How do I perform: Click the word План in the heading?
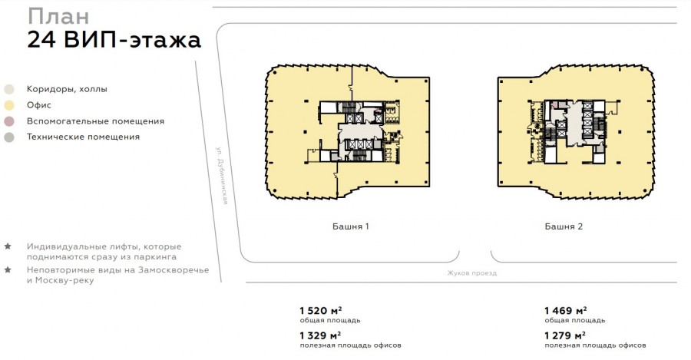pyautogui.click(x=58, y=17)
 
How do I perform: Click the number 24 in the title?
pyautogui.click(x=41, y=39)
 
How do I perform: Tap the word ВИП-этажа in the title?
pyautogui.click(x=132, y=39)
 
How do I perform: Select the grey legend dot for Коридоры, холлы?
pyautogui.click(x=8, y=89)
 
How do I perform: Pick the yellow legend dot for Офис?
pyautogui.click(x=8, y=105)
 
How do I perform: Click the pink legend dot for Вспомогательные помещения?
pyautogui.click(x=8, y=121)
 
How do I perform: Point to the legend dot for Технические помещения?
pyautogui.click(x=8, y=137)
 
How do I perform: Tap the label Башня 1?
pyautogui.click(x=350, y=226)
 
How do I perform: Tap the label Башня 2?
pyautogui.click(x=564, y=226)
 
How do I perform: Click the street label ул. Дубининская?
pyautogui.click(x=222, y=175)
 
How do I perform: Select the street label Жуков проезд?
pyautogui.click(x=471, y=273)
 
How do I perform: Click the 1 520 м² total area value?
pyautogui.click(x=321, y=311)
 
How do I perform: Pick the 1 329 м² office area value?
pyautogui.click(x=320, y=335)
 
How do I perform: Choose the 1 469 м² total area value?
pyautogui.click(x=565, y=311)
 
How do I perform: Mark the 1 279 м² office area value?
pyautogui.click(x=565, y=335)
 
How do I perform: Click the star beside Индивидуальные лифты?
pyautogui.click(x=8, y=246)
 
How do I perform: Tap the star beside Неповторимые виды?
pyautogui.click(x=8, y=269)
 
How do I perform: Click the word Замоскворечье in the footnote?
pyautogui.click(x=174, y=269)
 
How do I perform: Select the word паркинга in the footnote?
pyautogui.click(x=155, y=257)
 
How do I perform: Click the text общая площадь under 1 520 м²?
pyautogui.click(x=330, y=320)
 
